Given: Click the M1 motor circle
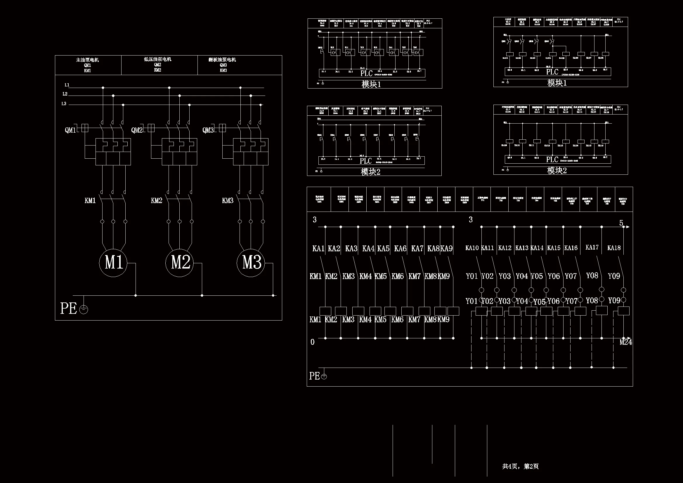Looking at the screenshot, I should click(113, 263).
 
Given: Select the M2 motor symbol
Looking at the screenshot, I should click(180, 263).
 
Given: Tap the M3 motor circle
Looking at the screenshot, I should click(251, 263).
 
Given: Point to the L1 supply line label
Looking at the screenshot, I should click(67, 85).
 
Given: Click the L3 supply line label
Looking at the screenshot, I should click(64, 104).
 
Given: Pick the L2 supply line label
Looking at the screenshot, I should click(65, 94).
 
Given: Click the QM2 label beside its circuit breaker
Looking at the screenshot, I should click(137, 130).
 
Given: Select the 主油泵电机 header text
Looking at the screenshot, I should click(87, 60).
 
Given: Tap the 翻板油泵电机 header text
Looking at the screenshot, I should click(222, 60).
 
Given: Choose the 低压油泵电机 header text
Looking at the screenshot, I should click(158, 60).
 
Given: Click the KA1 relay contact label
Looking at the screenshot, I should click(318, 248).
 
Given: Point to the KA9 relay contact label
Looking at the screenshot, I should click(446, 248).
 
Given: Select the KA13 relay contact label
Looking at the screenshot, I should click(522, 248).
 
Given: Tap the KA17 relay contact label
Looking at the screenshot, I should click(592, 247).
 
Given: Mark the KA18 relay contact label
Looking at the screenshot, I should click(614, 248).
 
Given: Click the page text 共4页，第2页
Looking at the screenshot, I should click(520, 466).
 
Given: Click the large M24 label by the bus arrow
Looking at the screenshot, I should click(625, 342).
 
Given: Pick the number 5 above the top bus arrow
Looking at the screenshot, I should click(621, 223).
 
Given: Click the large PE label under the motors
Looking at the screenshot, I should click(69, 308).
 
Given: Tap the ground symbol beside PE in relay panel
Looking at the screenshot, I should click(324, 376).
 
